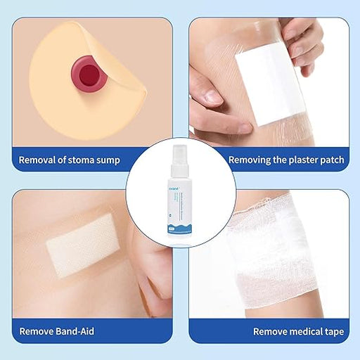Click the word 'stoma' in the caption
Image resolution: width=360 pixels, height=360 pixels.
[83, 160]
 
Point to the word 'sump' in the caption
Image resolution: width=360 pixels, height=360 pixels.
[108, 160]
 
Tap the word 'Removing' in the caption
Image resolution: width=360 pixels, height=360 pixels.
[250, 160]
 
